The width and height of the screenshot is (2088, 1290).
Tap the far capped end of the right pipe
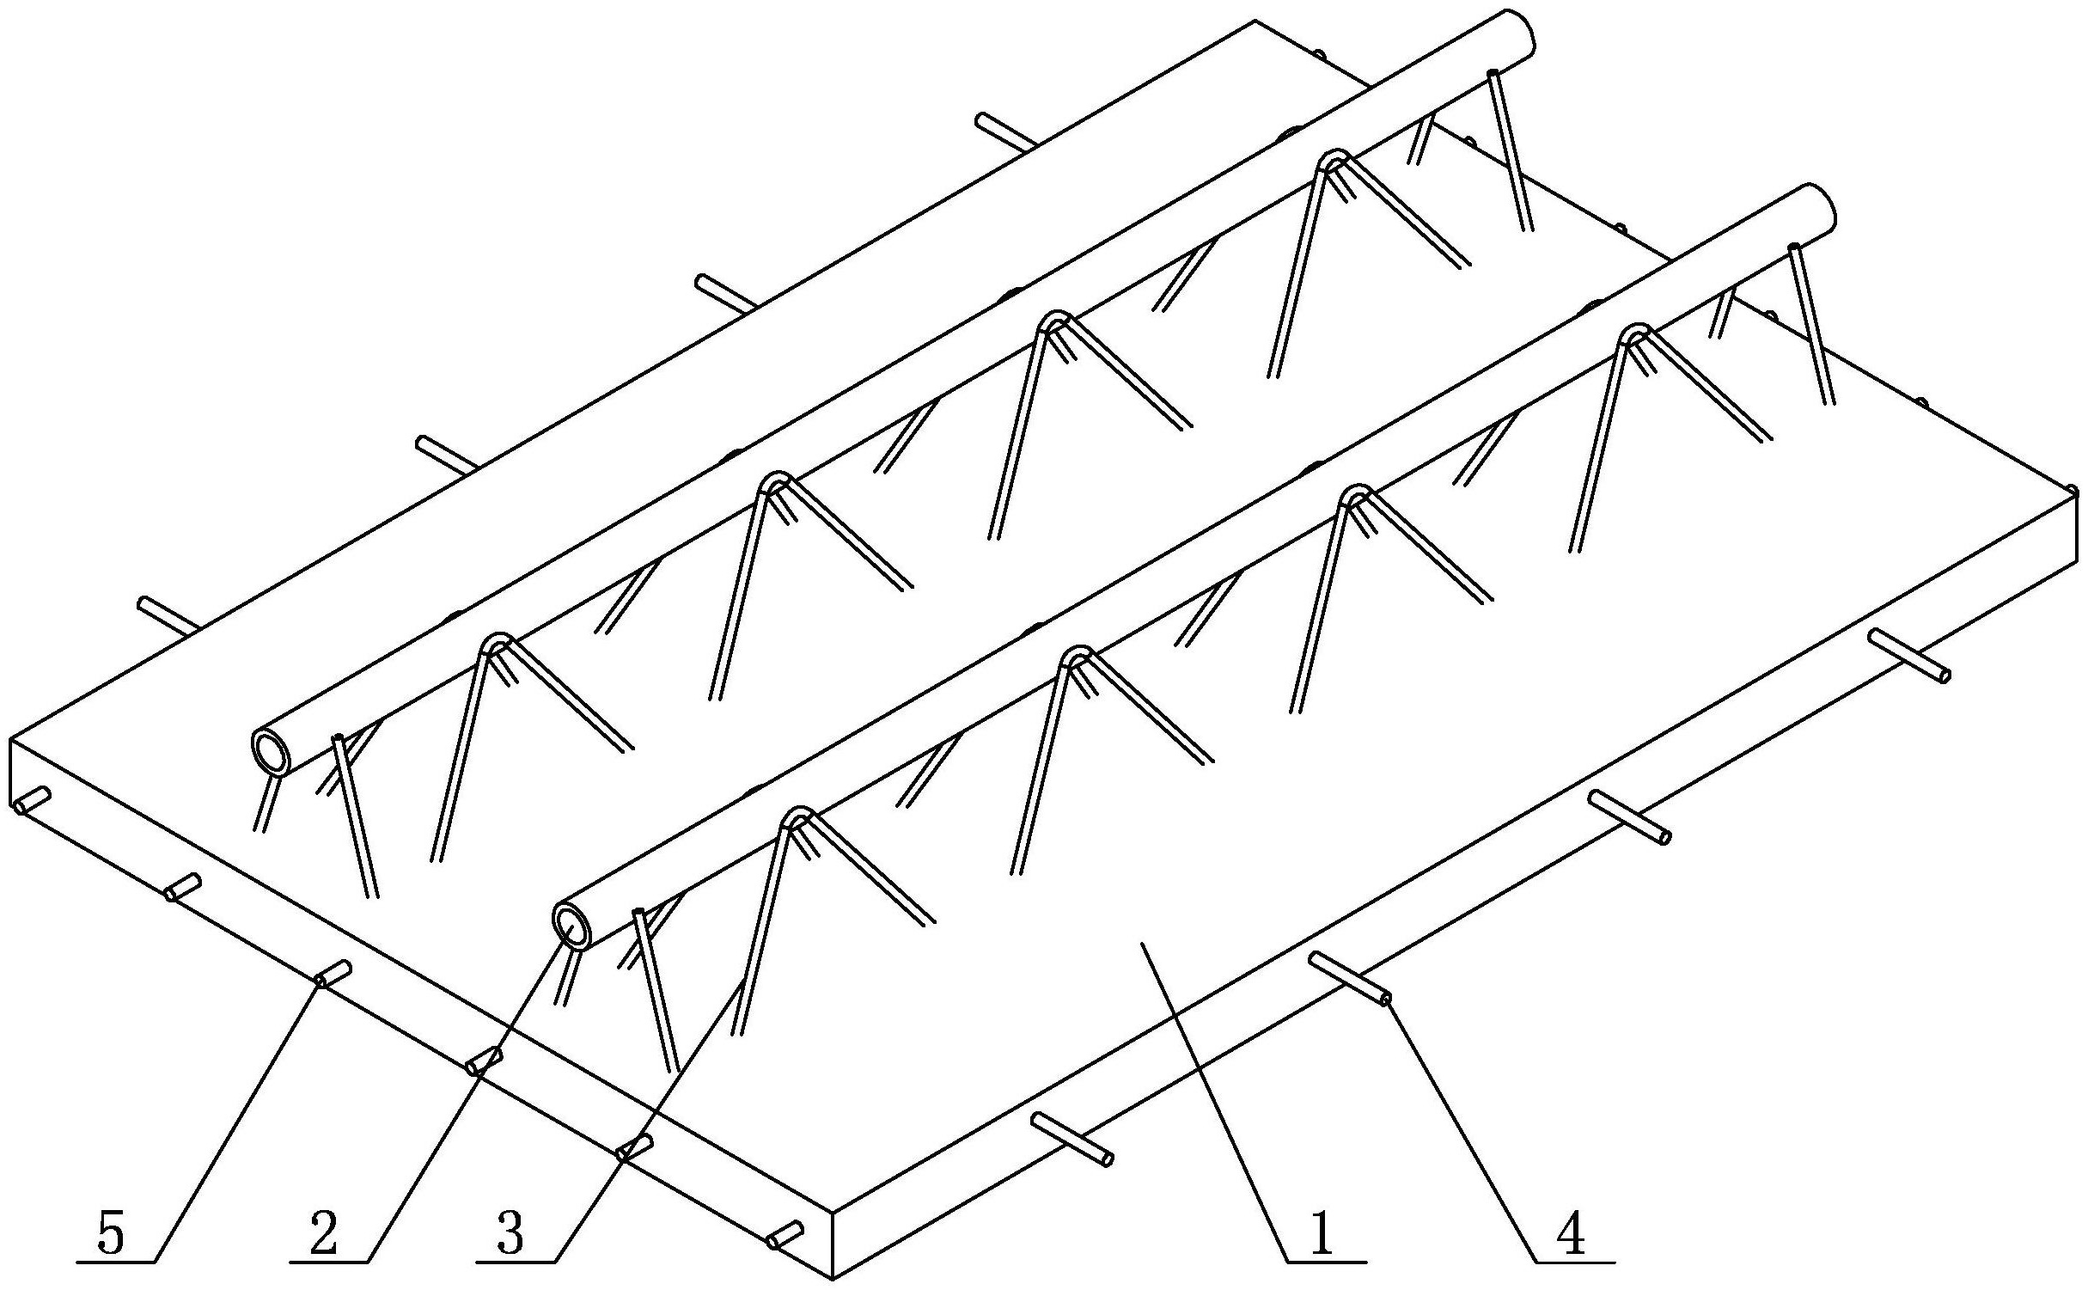click(1819, 206)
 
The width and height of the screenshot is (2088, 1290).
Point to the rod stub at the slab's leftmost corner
click(31, 799)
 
